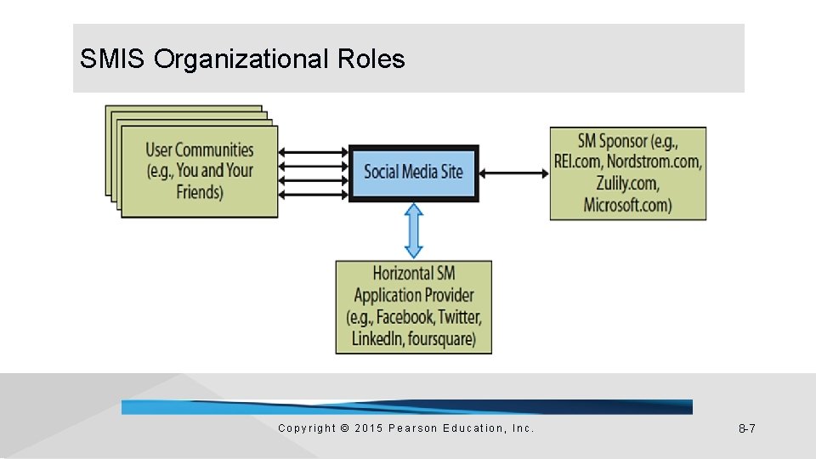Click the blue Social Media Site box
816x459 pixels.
414,173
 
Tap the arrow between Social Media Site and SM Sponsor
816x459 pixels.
514,173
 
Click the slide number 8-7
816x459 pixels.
746,428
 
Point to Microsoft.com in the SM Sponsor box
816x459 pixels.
628,205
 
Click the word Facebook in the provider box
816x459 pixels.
405,317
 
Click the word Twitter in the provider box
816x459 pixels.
460,317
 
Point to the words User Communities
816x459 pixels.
200,150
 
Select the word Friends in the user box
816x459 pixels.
200,191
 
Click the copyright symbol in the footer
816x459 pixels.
344,428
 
